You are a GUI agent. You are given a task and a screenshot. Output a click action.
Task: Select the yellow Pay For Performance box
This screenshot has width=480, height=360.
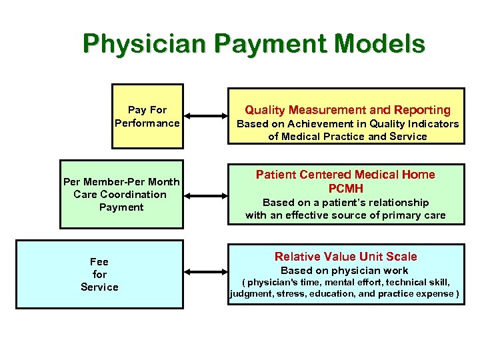pyautogui.click(x=147, y=116)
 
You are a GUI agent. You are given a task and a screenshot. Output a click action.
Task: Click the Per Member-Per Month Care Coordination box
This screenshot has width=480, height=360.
pyautogui.click(x=121, y=194)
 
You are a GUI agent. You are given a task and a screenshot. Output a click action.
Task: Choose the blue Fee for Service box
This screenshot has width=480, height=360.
pyautogui.click(x=99, y=274)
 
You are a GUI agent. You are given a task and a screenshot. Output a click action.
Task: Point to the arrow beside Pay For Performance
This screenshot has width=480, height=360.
pyautogui.click(x=204, y=116)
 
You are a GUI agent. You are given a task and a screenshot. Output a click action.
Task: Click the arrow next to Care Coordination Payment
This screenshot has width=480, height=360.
pyautogui.click(x=204, y=195)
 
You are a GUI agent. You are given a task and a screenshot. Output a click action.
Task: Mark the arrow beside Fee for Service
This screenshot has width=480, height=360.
pyautogui.click(x=204, y=271)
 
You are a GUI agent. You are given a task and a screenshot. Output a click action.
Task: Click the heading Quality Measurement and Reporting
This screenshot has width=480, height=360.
pyautogui.click(x=347, y=110)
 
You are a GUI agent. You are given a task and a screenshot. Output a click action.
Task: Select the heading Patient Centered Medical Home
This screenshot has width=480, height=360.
pyautogui.click(x=345, y=175)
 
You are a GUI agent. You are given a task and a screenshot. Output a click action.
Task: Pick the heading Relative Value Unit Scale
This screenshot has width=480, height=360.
pyautogui.click(x=345, y=257)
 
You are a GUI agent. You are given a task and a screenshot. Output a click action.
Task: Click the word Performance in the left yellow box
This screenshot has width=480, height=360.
pyautogui.click(x=147, y=123)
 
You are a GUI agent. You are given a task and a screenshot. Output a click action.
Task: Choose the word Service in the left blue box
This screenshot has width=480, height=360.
pyautogui.click(x=99, y=287)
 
